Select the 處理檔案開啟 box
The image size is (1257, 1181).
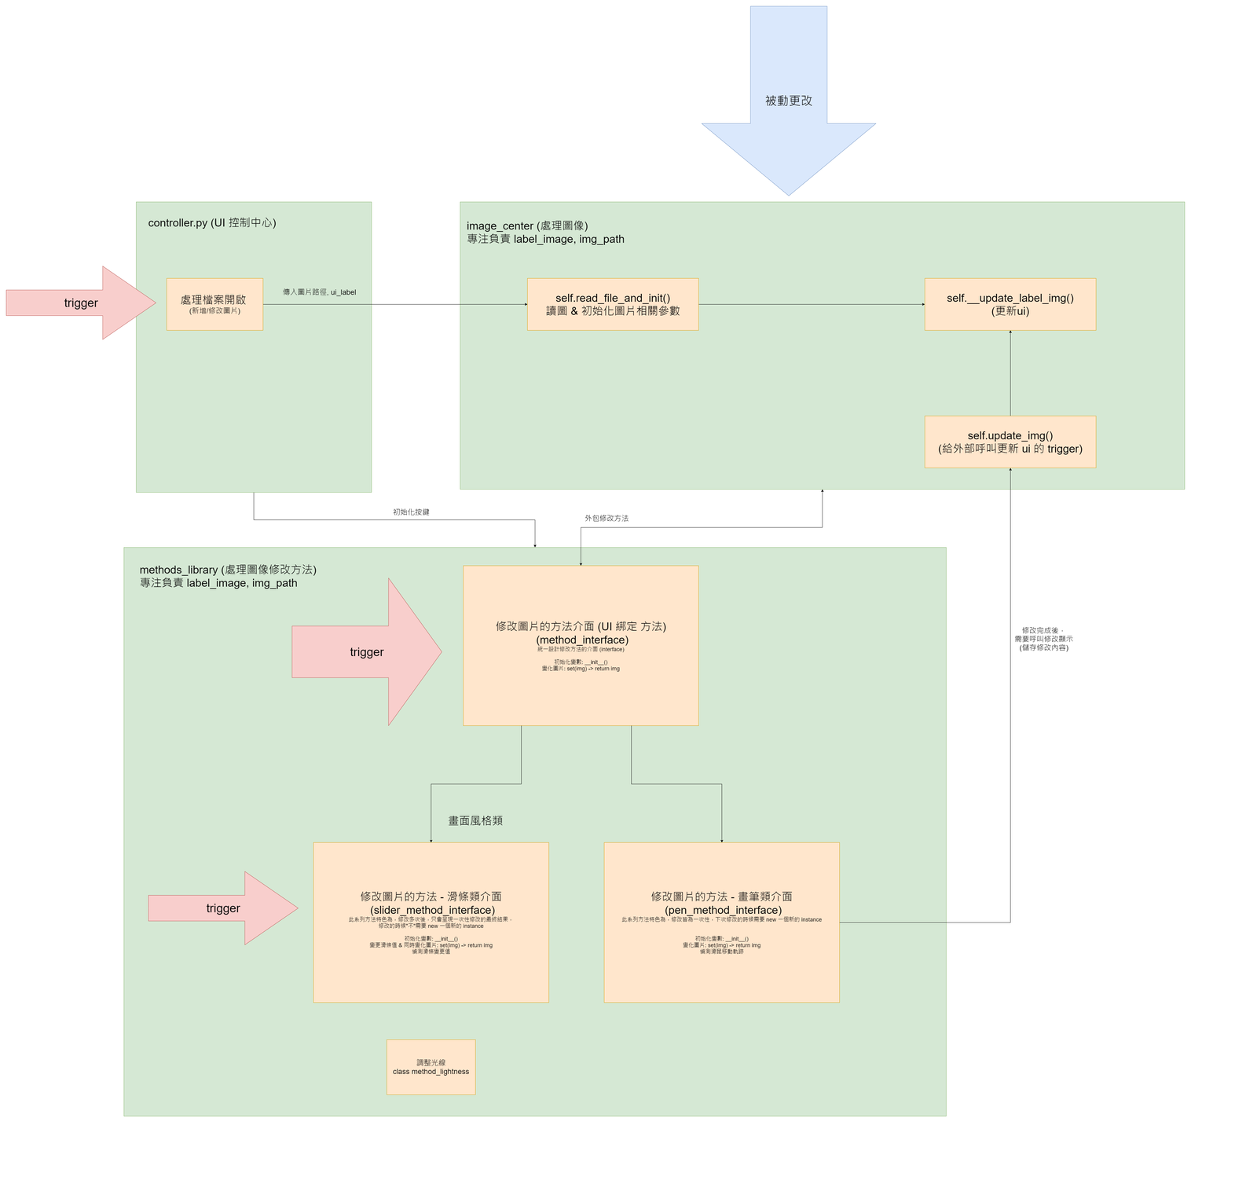pyautogui.click(x=214, y=304)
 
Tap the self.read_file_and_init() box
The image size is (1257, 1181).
pyautogui.click(x=613, y=304)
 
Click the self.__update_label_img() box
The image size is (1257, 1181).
pyautogui.click(x=1010, y=304)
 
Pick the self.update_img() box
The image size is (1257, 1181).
pyautogui.click(x=1010, y=442)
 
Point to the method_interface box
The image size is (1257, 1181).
pyautogui.click(x=581, y=645)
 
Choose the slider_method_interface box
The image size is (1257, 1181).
pyautogui.click(x=431, y=922)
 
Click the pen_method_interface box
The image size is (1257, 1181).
pyautogui.click(x=721, y=922)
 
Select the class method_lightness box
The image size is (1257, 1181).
pyautogui.click(x=431, y=1066)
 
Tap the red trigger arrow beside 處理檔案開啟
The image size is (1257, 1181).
pyautogui.click(x=81, y=303)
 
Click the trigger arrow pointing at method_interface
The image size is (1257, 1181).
pyautogui.click(x=367, y=651)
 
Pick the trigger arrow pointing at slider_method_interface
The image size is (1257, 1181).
pyautogui.click(x=223, y=908)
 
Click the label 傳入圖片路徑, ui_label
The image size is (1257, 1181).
pyautogui.click(x=319, y=292)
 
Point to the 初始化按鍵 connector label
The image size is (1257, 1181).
pyautogui.click(x=411, y=512)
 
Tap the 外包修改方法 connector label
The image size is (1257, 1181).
pyautogui.click(x=607, y=519)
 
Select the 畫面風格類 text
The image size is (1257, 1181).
pyautogui.click(x=475, y=820)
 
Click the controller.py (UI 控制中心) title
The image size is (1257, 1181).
pyautogui.click(x=212, y=223)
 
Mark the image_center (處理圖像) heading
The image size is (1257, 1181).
pyautogui.click(x=527, y=226)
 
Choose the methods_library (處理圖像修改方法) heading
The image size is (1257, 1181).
pyautogui.click(x=228, y=570)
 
